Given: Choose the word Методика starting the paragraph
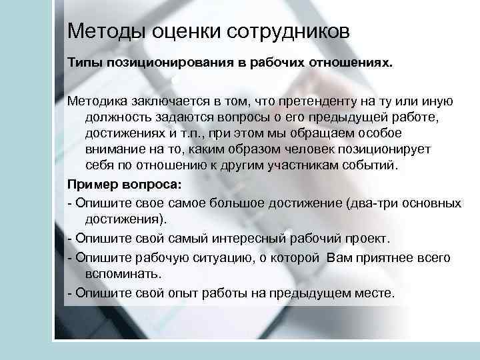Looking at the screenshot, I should [x=99, y=102].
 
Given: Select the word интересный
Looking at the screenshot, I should [x=236, y=239].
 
